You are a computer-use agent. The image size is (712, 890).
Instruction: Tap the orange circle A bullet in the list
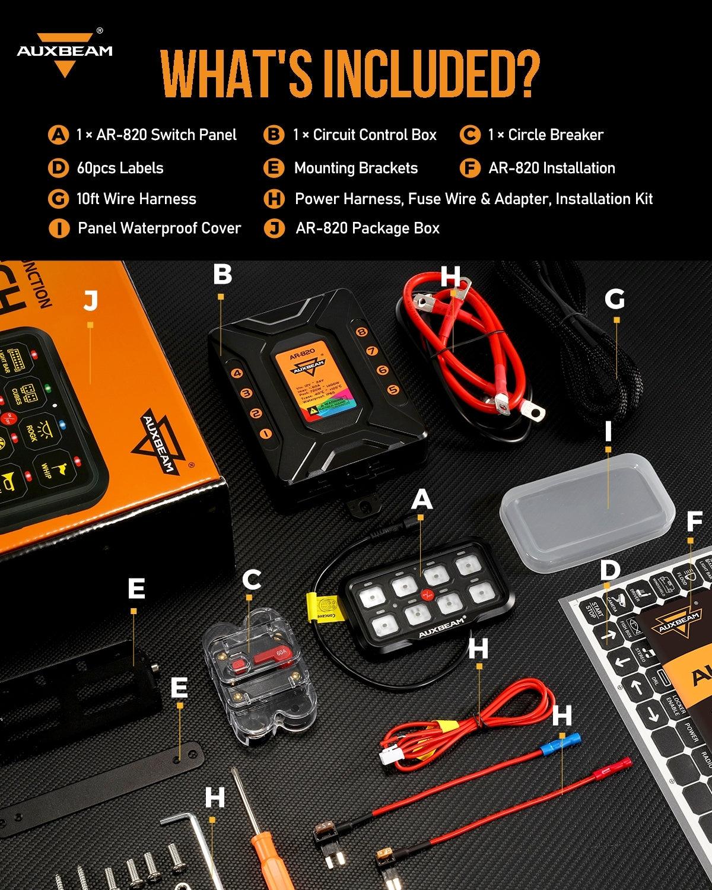pyautogui.click(x=58, y=135)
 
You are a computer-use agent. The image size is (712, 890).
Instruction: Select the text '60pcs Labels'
pyautogui.click(x=120, y=168)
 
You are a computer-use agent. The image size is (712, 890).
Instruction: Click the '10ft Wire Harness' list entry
pyautogui.click(x=136, y=199)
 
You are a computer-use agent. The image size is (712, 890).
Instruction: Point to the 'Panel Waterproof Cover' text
pyautogui.click(x=159, y=228)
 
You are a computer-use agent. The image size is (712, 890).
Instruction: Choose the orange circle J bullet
pyautogui.click(x=274, y=228)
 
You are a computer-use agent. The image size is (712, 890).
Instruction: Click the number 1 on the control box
pyautogui.click(x=265, y=433)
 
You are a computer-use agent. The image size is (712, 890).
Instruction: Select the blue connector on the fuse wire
pyautogui.click(x=570, y=740)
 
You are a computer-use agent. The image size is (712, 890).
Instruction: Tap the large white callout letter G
pyautogui.click(x=615, y=300)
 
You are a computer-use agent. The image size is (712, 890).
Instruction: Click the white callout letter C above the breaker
pyautogui.click(x=252, y=580)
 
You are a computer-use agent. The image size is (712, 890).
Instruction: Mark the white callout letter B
pyautogui.click(x=222, y=275)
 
